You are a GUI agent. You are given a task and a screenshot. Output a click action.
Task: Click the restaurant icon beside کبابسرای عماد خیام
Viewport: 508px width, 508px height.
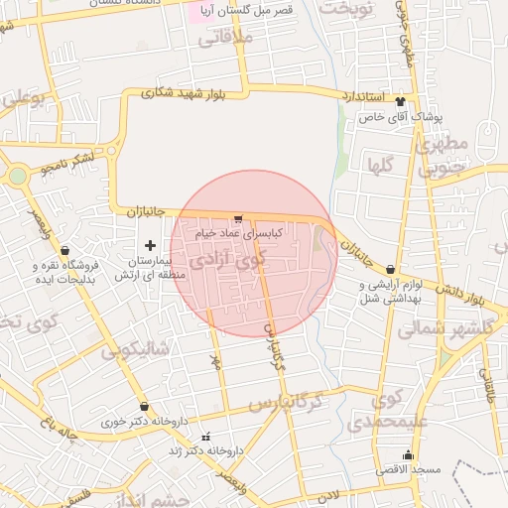click(x=238, y=219)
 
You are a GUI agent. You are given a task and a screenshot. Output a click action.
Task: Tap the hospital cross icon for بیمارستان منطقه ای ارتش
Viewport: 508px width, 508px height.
click(x=150, y=245)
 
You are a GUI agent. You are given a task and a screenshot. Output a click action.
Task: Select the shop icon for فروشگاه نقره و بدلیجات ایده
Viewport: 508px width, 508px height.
click(x=65, y=251)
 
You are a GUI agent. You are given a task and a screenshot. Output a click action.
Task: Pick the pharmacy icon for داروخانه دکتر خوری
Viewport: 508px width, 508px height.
click(x=145, y=407)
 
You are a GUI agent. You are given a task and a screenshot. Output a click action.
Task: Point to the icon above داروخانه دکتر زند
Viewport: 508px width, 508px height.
click(x=206, y=437)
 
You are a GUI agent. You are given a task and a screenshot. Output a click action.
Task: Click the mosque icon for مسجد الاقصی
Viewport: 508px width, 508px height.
click(x=408, y=454)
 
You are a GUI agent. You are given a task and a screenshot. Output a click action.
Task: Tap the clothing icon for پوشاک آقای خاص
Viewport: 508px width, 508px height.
click(x=401, y=101)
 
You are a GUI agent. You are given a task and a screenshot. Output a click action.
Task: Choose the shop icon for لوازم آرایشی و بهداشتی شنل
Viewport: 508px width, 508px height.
click(x=390, y=270)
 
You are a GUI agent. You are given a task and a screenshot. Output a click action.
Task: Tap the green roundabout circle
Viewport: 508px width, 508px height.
click(x=17, y=178)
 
